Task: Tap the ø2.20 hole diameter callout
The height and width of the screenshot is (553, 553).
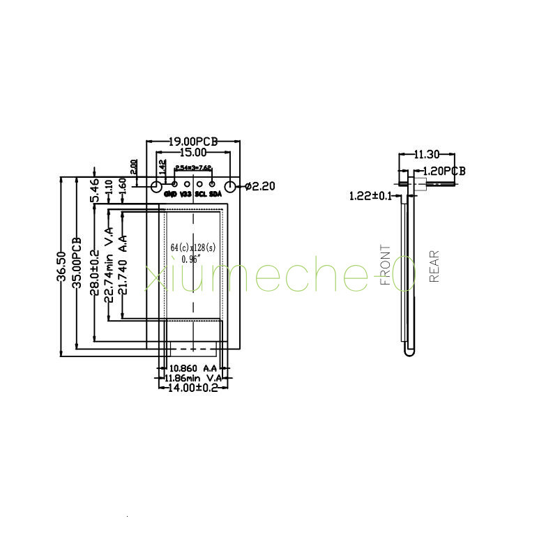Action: (x=262, y=186)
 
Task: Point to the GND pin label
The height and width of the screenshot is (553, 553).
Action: (x=170, y=194)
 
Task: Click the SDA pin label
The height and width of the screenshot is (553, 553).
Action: (x=215, y=194)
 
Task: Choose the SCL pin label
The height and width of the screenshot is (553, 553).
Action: (x=200, y=194)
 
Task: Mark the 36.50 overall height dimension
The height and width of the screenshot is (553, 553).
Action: (x=62, y=267)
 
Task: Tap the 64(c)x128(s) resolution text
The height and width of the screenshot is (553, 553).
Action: (x=193, y=248)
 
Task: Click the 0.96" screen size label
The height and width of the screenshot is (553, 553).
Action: (x=190, y=259)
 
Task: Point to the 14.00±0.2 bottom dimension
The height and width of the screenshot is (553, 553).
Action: (x=190, y=388)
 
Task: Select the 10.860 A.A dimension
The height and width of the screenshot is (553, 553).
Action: (x=190, y=368)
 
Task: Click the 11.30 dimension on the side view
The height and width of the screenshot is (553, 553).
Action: (x=426, y=154)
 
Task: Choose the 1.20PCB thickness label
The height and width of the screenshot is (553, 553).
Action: (x=445, y=171)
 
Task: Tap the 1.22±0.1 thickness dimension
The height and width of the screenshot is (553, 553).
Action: (x=371, y=196)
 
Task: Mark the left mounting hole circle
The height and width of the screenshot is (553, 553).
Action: (x=156, y=186)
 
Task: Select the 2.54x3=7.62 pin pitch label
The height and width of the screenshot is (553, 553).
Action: (x=193, y=168)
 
